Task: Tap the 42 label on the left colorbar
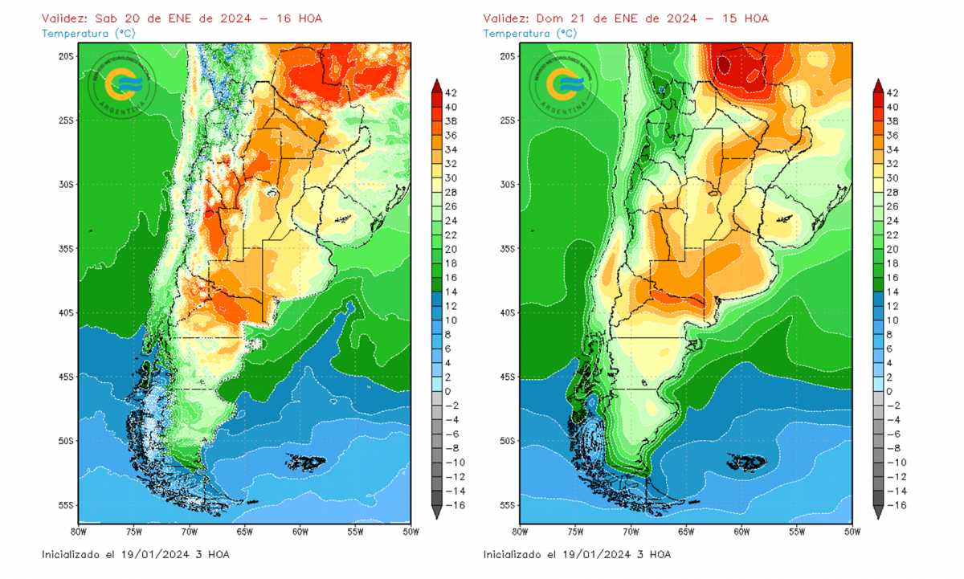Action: point(451,93)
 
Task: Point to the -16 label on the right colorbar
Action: point(892,505)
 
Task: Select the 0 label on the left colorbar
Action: point(448,391)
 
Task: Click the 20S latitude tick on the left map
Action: point(66,56)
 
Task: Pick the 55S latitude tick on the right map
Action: point(508,505)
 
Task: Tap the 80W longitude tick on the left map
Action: point(78,532)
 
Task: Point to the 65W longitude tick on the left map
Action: point(244,532)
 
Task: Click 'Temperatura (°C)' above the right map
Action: point(529,33)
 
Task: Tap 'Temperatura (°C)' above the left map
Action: point(88,33)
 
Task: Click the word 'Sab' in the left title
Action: point(105,18)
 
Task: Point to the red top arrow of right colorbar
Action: point(879,85)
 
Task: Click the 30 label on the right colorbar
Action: point(893,178)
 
